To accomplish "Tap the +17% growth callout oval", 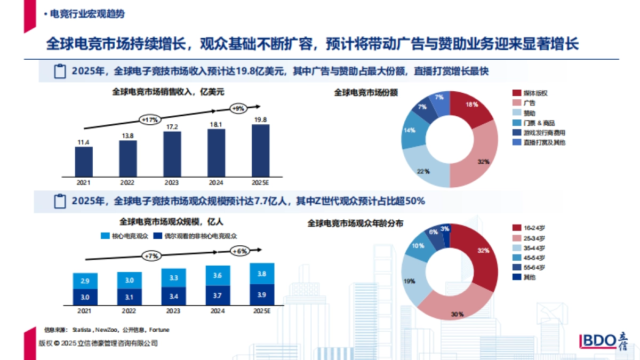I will [x=149, y=119].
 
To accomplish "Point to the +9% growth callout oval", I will [x=238, y=108].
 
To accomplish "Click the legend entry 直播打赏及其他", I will [x=543, y=142].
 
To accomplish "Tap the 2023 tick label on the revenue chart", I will [x=172, y=182].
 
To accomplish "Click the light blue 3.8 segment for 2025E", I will [x=262, y=274].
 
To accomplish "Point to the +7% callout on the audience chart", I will [x=151, y=256].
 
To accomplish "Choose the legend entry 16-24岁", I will [x=534, y=228].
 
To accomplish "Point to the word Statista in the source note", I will [x=82, y=330].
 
